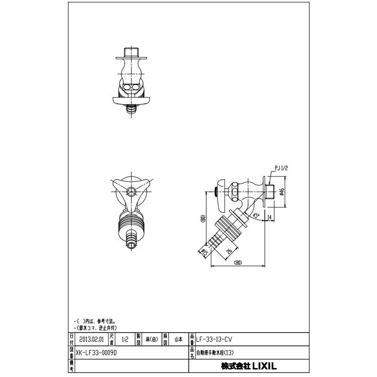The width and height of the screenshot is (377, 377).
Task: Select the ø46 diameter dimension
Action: [x=281, y=192]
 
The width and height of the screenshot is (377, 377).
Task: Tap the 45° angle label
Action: [x=256, y=215]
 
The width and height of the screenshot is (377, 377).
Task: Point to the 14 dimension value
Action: [x=269, y=217]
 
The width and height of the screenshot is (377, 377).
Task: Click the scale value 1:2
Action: [x=125, y=339]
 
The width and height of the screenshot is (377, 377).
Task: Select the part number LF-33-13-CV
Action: [x=215, y=339]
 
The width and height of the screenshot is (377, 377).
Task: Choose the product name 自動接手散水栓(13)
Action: [x=215, y=352]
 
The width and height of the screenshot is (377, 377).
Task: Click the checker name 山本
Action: [x=179, y=339]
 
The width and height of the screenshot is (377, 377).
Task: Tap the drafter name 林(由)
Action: [x=151, y=339]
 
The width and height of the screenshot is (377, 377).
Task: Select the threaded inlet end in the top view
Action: [x=131, y=50]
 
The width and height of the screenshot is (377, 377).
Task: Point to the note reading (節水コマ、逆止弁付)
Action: [x=96, y=327]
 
